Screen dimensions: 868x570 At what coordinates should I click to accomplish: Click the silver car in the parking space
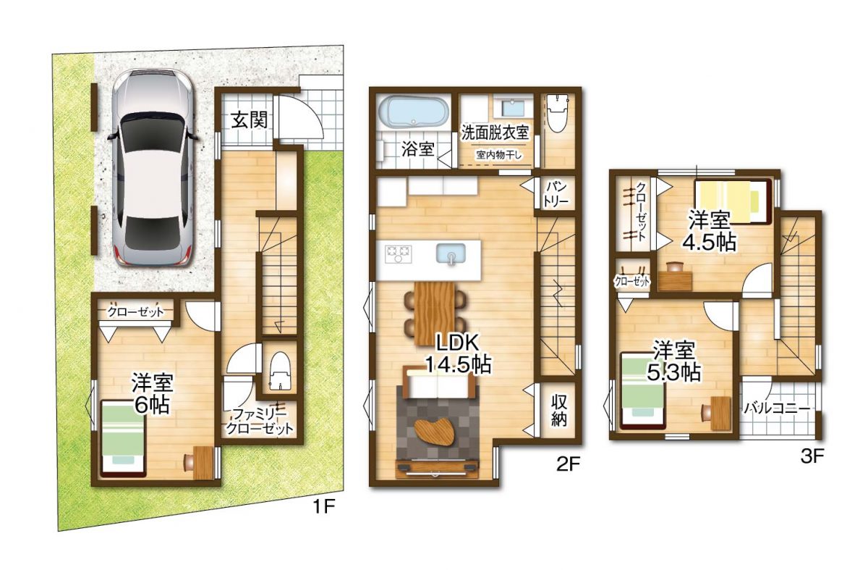click(153, 168)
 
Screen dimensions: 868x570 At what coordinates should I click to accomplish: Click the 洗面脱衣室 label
click(495, 133)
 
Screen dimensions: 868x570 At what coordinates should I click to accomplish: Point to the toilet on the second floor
click(556, 114)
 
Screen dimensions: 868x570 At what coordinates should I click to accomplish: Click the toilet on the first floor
click(279, 371)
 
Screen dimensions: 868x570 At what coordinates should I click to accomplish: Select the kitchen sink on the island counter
click(451, 254)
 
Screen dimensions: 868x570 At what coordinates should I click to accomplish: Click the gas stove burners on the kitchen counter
click(398, 254)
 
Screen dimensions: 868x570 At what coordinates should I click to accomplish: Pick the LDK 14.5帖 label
click(459, 353)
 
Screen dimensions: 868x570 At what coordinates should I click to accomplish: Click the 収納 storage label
click(558, 411)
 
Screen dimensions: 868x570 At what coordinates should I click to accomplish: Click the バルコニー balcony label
click(777, 409)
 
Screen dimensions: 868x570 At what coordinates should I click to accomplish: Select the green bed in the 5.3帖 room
click(642, 390)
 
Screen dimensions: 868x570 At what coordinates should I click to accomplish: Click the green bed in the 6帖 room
click(123, 438)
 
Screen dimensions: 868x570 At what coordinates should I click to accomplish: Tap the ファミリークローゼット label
click(259, 422)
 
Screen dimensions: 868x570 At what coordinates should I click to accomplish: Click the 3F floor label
click(812, 457)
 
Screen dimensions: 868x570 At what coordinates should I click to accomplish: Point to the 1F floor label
click(323, 507)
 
